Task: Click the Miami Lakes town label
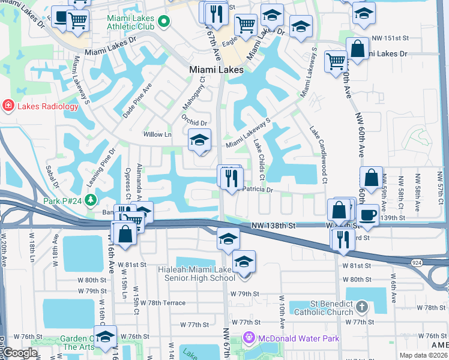coord(216,70)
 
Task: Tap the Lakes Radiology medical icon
coord(8,106)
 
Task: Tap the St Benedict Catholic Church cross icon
coord(361,308)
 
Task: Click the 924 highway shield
coord(416,263)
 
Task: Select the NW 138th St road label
coord(274,226)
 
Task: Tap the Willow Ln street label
coord(157,134)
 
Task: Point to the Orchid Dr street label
coord(196,123)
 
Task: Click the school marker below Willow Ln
coord(200,142)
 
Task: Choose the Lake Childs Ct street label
coord(259,160)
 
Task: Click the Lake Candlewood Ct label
coord(318,154)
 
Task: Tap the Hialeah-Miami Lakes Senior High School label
coord(196,274)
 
